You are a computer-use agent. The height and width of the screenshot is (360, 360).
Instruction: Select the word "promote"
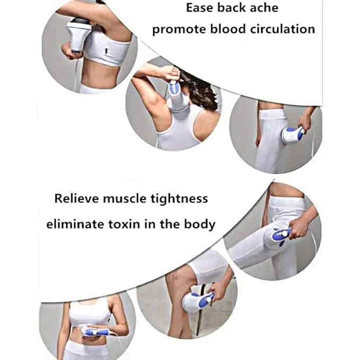(x=175, y=29)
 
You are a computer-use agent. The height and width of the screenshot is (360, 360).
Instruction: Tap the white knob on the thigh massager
(x=285, y=233)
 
